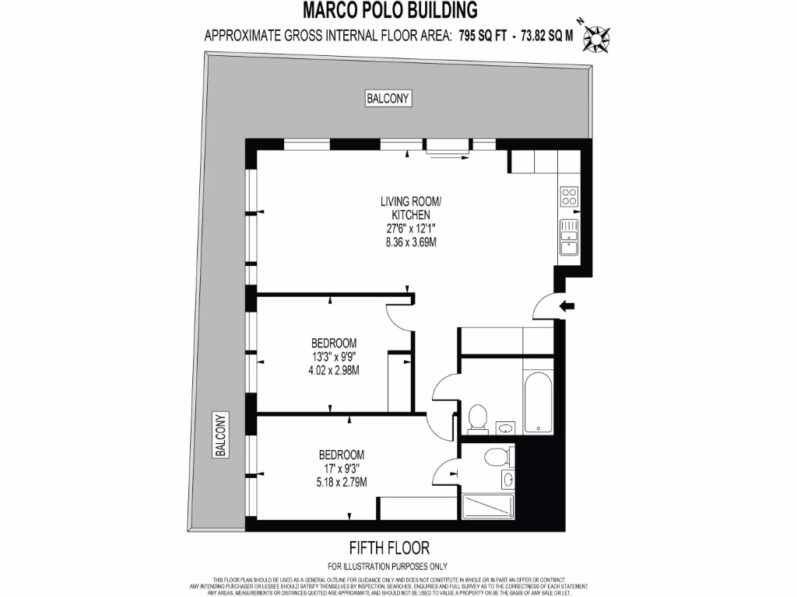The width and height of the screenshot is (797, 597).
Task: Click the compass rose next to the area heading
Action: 596,36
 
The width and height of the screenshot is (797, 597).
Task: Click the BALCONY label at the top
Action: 388,98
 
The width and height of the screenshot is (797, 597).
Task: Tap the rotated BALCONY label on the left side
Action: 220,435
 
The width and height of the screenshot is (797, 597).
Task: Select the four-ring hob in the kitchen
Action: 569,196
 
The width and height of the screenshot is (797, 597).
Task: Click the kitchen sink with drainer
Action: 569,237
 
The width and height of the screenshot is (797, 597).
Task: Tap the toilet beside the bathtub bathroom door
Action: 477,418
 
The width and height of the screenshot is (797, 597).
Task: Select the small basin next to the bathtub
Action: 505,427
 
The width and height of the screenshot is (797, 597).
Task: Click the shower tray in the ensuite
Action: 488,506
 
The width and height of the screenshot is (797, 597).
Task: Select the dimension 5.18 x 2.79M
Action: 341,482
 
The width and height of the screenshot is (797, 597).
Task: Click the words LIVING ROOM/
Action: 410,201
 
